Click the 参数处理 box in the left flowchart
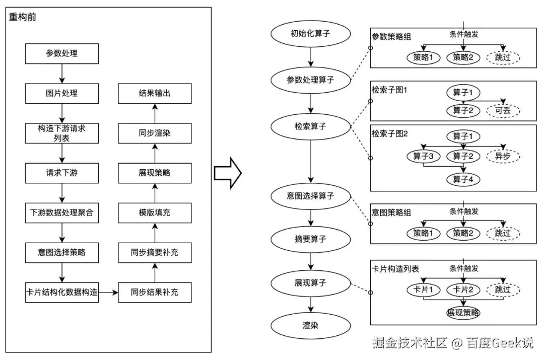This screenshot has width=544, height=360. (x=62, y=53)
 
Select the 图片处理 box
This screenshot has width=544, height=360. (x=62, y=93)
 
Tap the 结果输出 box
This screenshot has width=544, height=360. (x=155, y=93)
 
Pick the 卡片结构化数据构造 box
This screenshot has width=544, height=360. (x=62, y=292)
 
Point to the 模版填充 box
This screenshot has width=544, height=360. (x=155, y=212)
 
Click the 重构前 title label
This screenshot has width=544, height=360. (x=23, y=17)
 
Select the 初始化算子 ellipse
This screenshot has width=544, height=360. (x=311, y=34)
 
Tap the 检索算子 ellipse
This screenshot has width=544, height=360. (x=311, y=126)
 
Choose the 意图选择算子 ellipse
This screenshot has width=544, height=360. (x=311, y=195)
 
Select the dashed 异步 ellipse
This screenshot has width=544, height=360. (x=503, y=157)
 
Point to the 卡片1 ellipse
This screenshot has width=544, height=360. (x=424, y=290)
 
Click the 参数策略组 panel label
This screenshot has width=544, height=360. (x=391, y=37)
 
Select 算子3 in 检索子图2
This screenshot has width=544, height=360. (x=424, y=157)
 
